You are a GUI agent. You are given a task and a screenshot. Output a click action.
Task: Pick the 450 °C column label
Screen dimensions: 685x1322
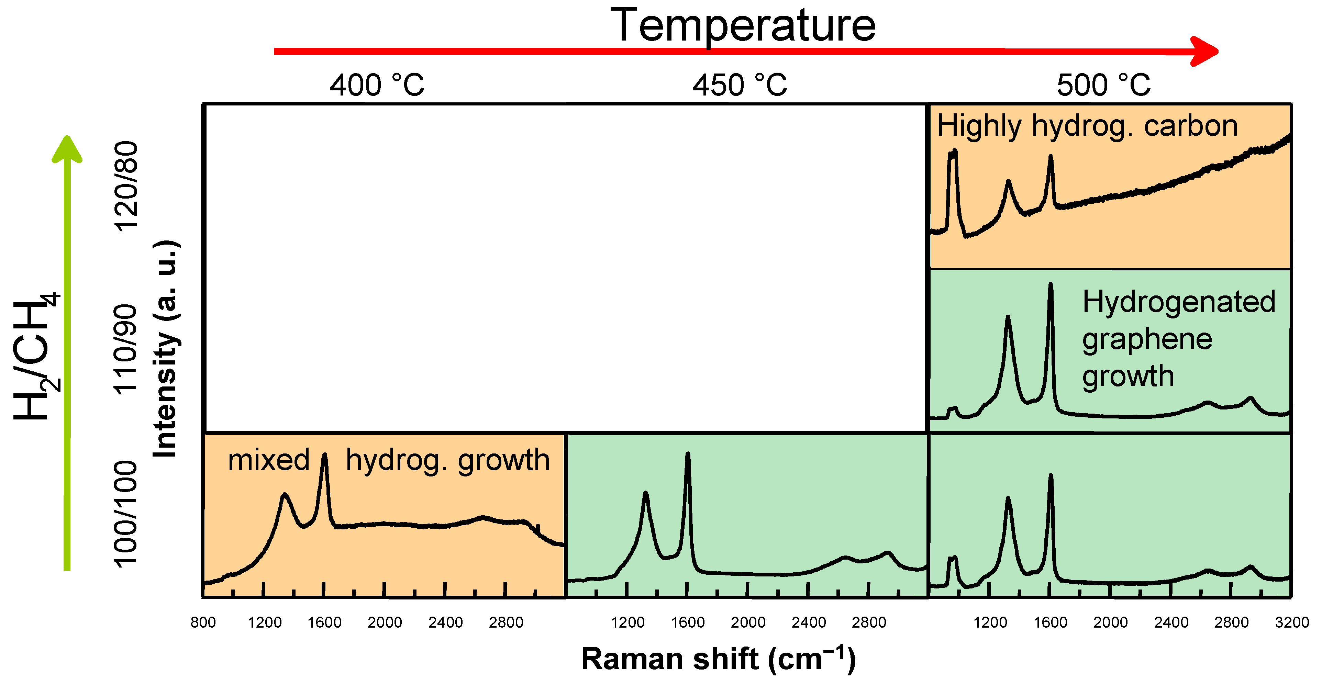(740, 85)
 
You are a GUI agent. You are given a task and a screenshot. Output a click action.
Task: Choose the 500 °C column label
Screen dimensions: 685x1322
(1103, 85)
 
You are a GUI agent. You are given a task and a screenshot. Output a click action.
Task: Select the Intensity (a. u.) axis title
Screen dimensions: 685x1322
(165, 349)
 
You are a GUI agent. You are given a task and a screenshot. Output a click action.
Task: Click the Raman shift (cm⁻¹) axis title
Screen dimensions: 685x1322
(719, 659)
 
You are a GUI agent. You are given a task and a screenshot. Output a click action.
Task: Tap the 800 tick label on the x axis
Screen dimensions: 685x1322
(203, 622)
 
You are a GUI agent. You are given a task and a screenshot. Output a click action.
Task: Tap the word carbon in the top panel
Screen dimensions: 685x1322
(1191, 126)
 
